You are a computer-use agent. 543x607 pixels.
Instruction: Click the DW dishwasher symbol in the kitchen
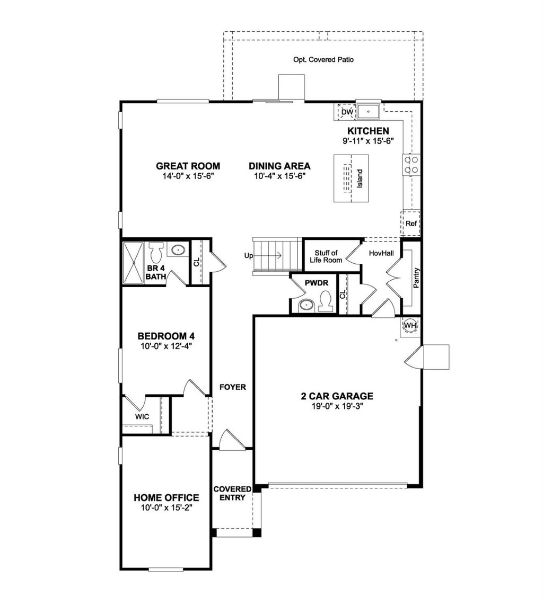pyautogui.click(x=347, y=112)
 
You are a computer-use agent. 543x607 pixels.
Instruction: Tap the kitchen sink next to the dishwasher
pyautogui.click(x=368, y=111)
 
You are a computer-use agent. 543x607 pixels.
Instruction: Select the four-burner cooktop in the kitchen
pyautogui.click(x=411, y=165)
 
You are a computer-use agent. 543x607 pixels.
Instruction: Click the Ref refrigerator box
pyautogui.click(x=411, y=224)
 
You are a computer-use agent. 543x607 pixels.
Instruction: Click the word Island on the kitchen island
pyautogui.click(x=360, y=178)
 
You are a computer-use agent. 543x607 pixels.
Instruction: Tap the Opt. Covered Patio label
pyautogui.click(x=323, y=60)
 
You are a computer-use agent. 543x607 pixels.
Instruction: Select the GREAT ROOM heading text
pyautogui.click(x=188, y=166)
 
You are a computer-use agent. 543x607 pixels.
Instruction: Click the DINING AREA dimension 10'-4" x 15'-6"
pyautogui.click(x=279, y=176)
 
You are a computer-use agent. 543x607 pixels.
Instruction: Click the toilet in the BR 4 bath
pyautogui.click(x=156, y=252)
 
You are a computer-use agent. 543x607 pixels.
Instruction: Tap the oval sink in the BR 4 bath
pyautogui.click(x=178, y=249)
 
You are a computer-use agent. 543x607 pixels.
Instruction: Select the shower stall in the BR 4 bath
pyautogui.click(x=133, y=263)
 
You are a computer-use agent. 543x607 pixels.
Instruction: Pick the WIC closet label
pyautogui.click(x=142, y=416)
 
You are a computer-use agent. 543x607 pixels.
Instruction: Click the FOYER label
pyautogui.click(x=233, y=387)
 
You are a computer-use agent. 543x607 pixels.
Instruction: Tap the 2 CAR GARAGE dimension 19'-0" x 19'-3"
pyautogui.click(x=337, y=406)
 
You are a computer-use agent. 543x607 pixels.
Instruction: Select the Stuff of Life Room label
pyautogui.click(x=326, y=257)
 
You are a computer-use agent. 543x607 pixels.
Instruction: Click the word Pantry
pyautogui.click(x=416, y=278)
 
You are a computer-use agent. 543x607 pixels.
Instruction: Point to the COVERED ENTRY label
pyautogui.click(x=232, y=493)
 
